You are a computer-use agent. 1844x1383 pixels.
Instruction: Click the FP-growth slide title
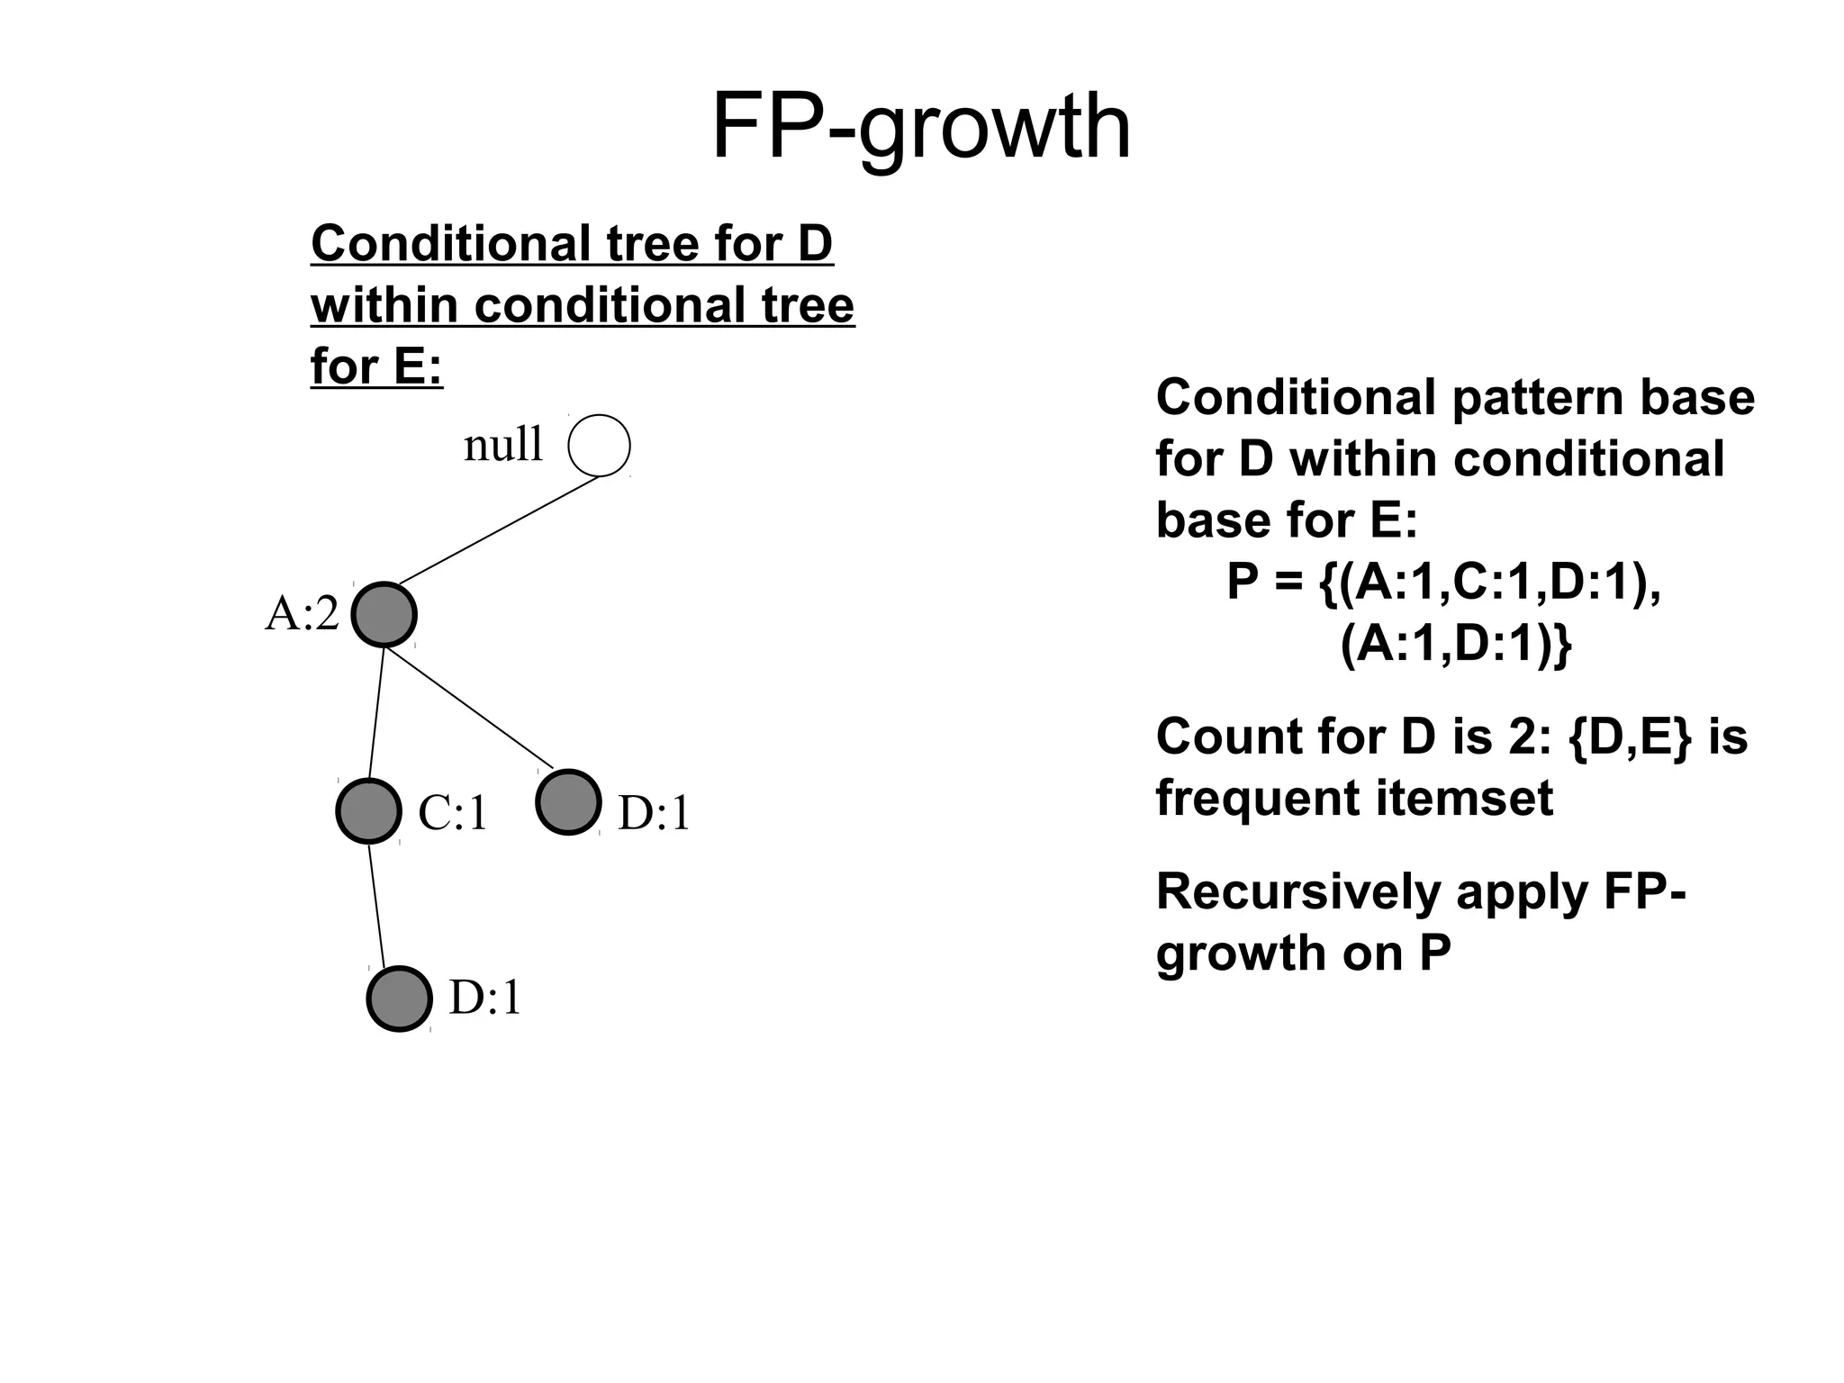[920, 128]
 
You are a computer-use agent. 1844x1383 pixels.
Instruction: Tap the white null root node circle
[599, 445]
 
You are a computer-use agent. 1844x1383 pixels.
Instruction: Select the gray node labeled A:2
[384, 615]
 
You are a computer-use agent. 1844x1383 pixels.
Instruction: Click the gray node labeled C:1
[368, 810]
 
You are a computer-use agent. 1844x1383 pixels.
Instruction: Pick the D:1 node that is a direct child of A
[568, 802]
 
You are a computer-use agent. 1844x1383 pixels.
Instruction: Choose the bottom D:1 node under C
[399, 999]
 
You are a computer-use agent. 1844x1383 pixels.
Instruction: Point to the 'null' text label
[503, 445]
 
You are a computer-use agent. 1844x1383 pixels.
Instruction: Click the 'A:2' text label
[302, 615]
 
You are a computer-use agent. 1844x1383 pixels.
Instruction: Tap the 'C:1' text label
[453, 813]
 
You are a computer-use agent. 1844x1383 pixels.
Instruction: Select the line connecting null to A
[497, 530]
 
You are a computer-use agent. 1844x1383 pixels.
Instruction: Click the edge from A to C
[376, 713]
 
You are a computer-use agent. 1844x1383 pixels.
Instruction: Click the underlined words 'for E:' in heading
[376, 366]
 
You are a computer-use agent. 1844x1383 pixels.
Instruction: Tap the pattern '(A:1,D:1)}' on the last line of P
[1455, 644]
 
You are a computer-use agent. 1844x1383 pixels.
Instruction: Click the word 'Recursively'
[1297, 892]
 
